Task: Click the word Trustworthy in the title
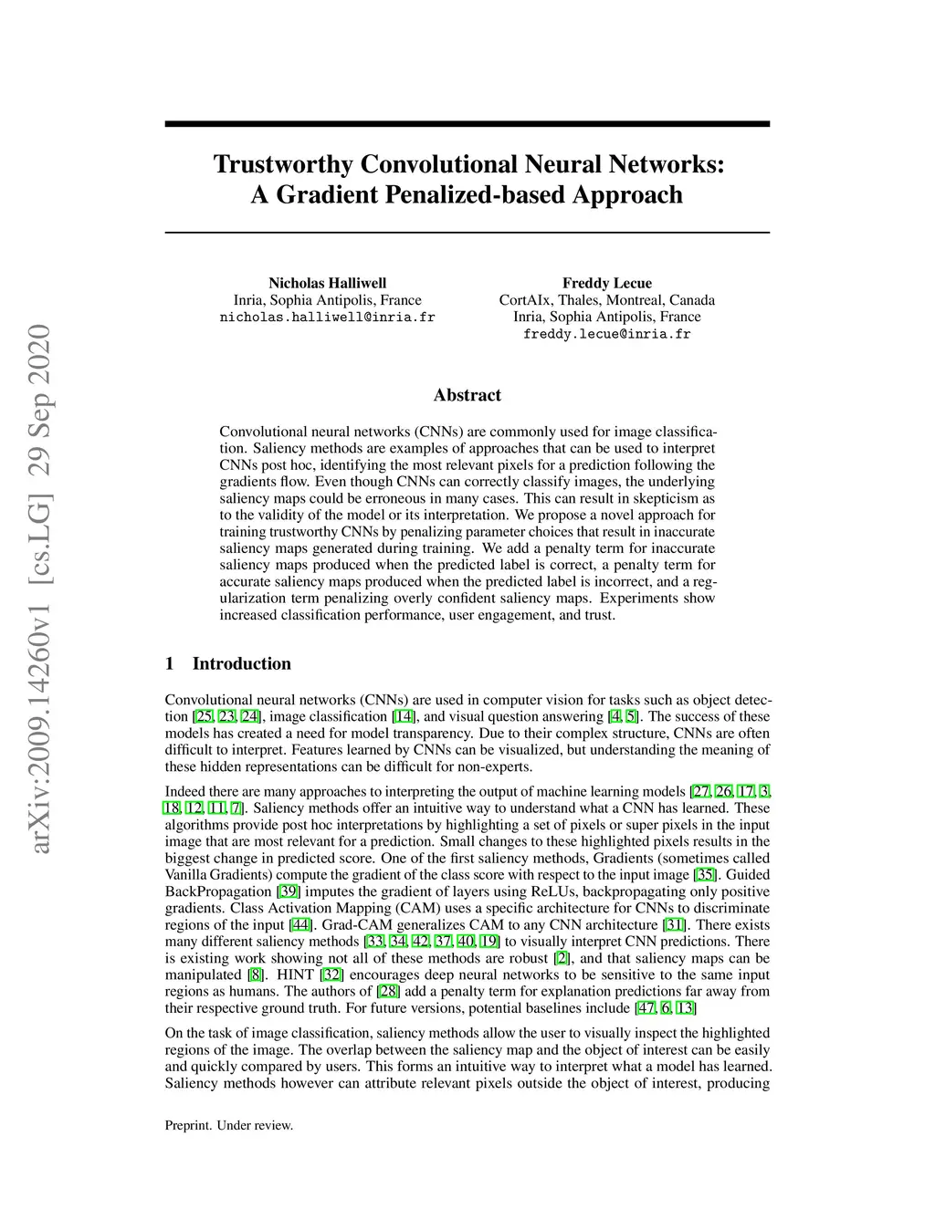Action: [x=283, y=164]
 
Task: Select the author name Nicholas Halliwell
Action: [x=327, y=283]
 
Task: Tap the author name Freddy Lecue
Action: [x=606, y=283]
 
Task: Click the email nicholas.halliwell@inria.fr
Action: [x=327, y=318]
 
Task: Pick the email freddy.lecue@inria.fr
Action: [x=606, y=334]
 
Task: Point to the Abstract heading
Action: [x=467, y=395]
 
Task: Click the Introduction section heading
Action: [x=241, y=663]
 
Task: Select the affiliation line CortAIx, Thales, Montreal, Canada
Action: [x=606, y=300]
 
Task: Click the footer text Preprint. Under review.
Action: [x=229, y=1125]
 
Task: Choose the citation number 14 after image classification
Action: [x=403, y=717]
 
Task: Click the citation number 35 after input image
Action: [x=705, y=875]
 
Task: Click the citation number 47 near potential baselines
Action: [x=646, y=1008]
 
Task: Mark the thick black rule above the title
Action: [x=467, y=124]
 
